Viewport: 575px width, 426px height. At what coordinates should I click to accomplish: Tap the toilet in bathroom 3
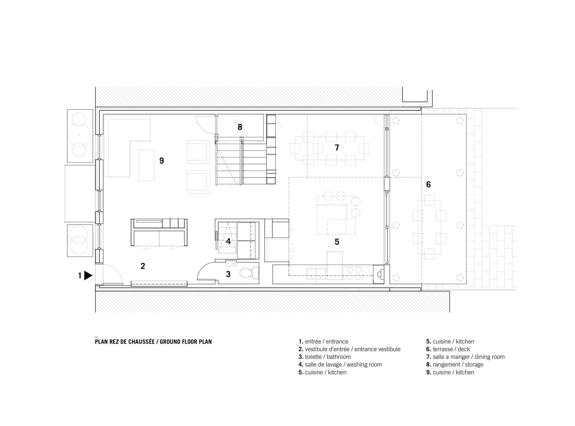tap(249, 273)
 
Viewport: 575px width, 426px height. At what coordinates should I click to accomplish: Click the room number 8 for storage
tap(240, 127)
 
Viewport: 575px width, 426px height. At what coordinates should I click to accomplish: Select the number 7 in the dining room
tap(337, 148)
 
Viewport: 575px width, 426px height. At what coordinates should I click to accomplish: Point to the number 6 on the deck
tap(428, 184)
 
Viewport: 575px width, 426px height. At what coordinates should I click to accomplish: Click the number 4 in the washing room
tap(228, 241)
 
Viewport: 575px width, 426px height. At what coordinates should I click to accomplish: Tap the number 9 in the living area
tap(162, 161)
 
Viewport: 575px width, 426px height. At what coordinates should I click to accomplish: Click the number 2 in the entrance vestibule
tap(143, 266)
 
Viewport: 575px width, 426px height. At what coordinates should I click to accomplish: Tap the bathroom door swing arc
tap(205, 270)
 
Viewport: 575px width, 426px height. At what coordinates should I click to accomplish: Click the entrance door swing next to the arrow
tap(114, 273)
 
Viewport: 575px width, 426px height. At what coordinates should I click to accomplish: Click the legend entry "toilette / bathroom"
tap(325, 357)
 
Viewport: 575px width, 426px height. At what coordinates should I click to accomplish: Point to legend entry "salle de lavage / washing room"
tap(340, 364)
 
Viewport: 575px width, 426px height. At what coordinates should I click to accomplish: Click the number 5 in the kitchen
tap(337, 242)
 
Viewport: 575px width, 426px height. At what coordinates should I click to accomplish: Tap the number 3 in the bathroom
tap(228, 274)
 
